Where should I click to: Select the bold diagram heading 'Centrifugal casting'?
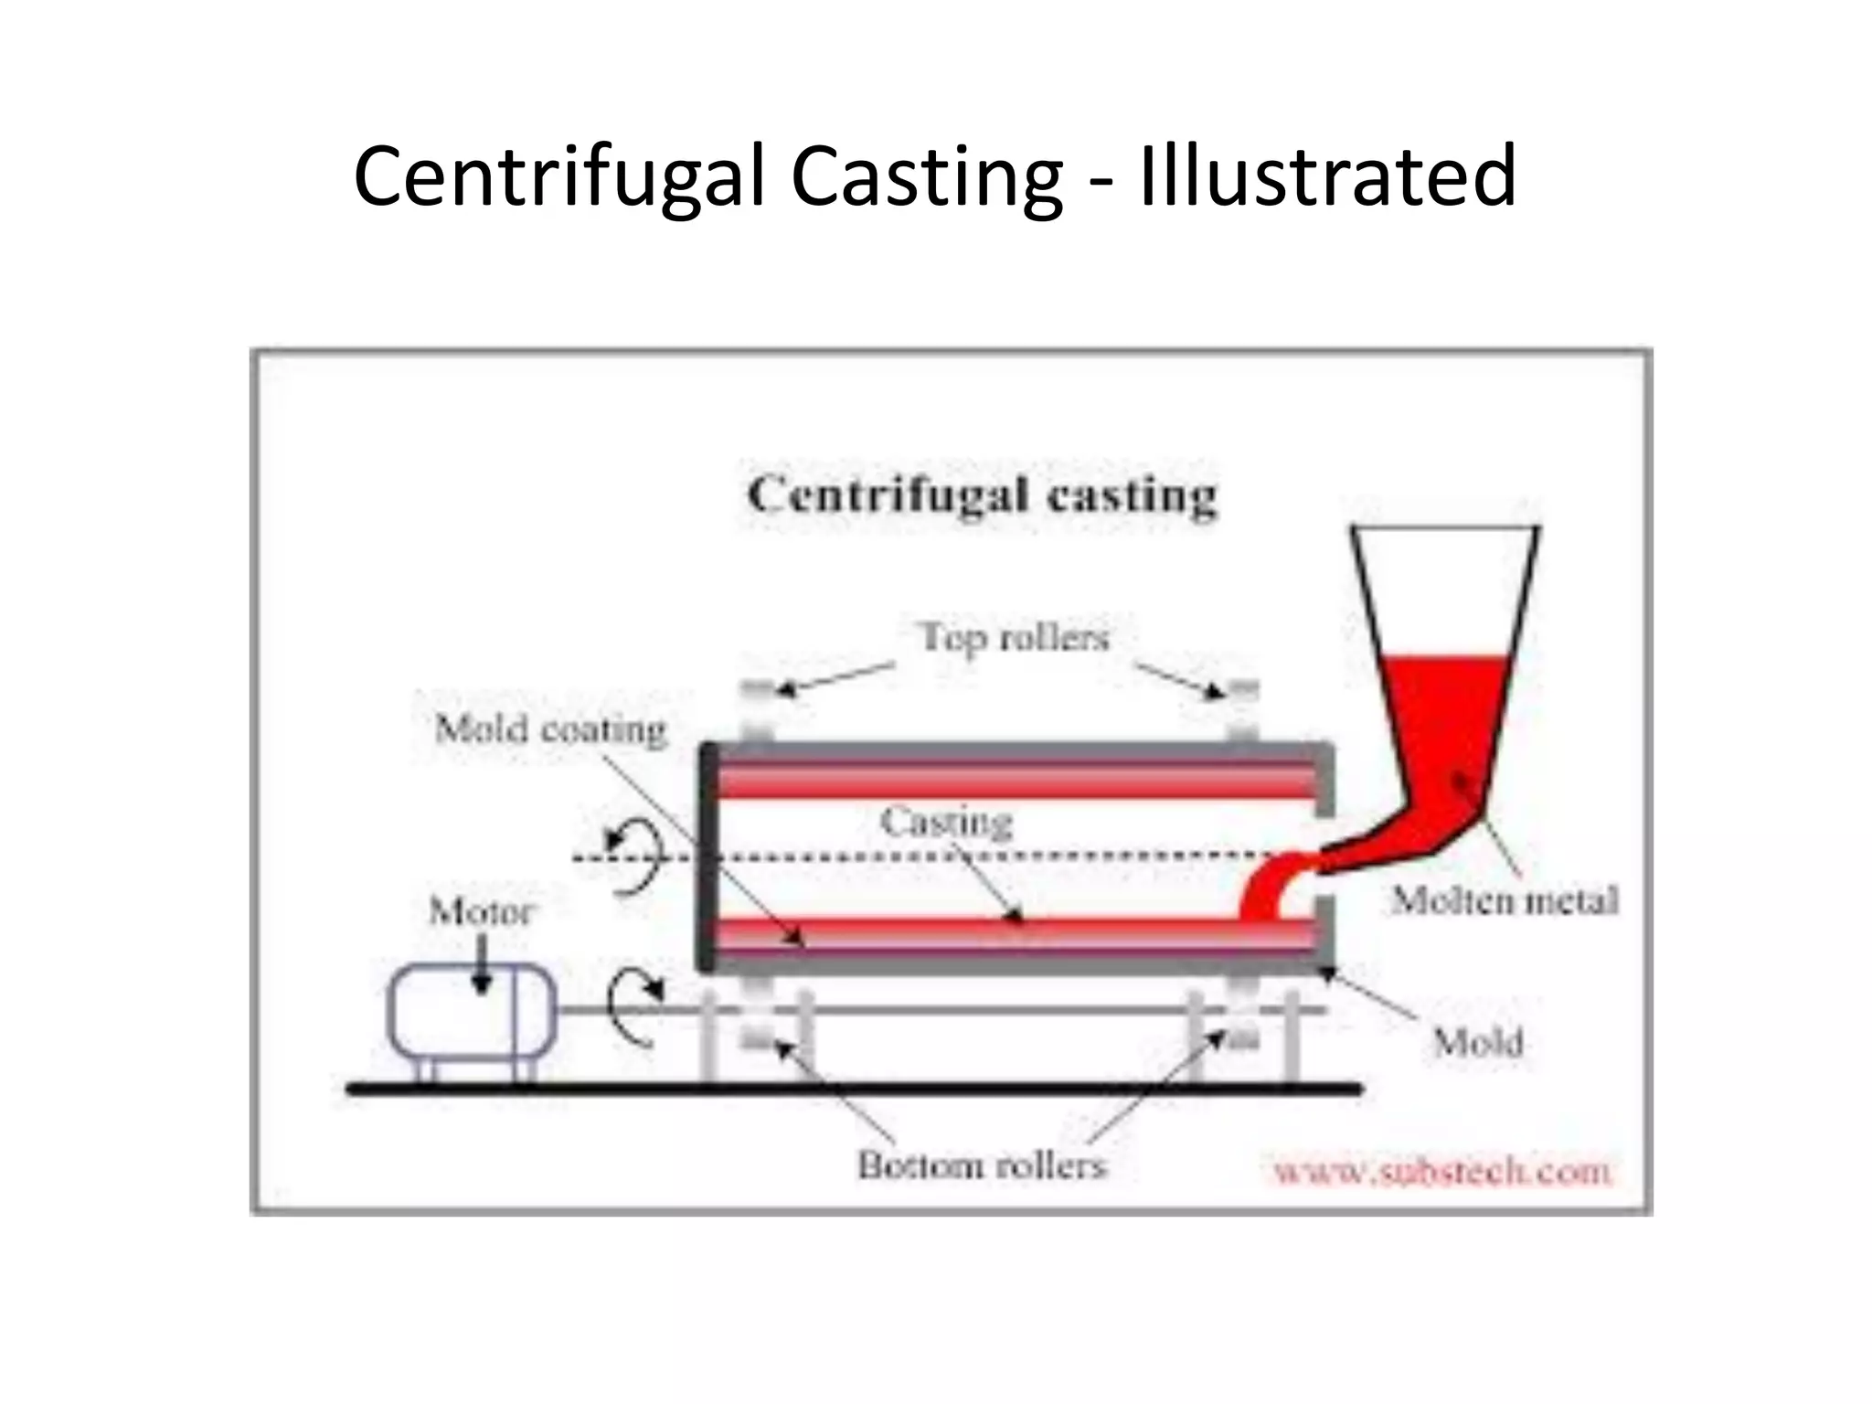click(x=983, y=496)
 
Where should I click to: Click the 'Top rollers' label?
click(x=1015, y=637)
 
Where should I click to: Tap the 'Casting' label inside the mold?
click(x=947, y=822)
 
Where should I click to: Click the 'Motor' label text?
click(x=481, y=911)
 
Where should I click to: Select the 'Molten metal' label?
click(x=1505, y=901)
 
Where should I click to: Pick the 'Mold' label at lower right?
click(x=1477, y=1043)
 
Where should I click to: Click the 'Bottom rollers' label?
click(x=982, y=1165)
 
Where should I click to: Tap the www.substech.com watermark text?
click(x=1442, y=1171)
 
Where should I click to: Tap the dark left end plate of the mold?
click(x=707, y=856)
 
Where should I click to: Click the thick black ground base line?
click(x=855, y=1088)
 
